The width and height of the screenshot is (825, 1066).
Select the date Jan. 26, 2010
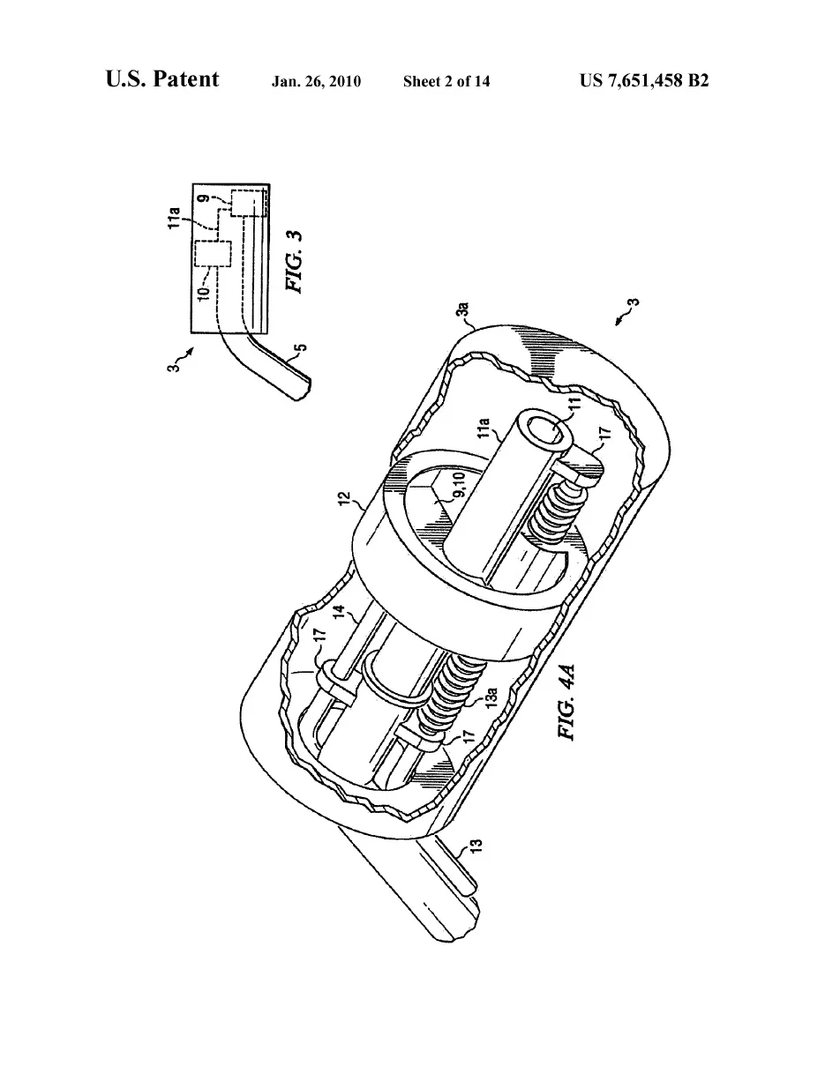[316, 82]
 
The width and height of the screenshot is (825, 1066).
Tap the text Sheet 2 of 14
[446, 82]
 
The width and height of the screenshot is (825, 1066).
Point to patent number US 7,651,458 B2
[645, 81]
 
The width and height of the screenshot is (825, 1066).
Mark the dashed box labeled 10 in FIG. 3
[212, 254]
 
